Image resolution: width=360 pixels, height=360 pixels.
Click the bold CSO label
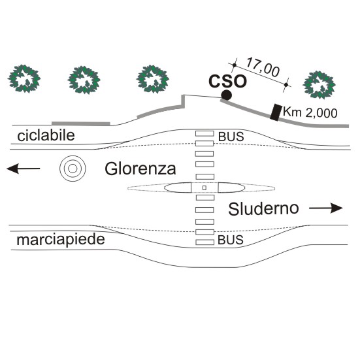pos(227,81)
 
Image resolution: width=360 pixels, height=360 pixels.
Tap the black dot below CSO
pos(226,95)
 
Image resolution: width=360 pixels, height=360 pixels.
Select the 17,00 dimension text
pos(263,67)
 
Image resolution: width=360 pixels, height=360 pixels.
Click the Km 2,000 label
pos(310,112)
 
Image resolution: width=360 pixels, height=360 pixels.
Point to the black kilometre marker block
pos(276,112)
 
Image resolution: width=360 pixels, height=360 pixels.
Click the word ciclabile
pos(46,135)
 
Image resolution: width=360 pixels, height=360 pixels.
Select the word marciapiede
pos(61,240)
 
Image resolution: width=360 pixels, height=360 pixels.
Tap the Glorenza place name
pos(140,169)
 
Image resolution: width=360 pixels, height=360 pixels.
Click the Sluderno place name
pos(263,208)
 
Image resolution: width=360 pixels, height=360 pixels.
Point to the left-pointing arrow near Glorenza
pos(23,169)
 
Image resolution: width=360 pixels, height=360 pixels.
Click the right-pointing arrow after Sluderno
pos(326,208)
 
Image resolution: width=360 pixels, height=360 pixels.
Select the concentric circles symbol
pos(73,169)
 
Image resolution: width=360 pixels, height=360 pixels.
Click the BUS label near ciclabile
pos(231,137)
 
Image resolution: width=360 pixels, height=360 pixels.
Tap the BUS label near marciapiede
pos(231,240)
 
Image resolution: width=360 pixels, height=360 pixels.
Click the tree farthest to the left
pos(24,79)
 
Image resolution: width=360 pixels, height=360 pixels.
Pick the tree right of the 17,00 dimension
pos(319,85)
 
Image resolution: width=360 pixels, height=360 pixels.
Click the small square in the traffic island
pos(205,188)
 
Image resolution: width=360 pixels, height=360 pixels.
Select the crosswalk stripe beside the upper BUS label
pos(205,133)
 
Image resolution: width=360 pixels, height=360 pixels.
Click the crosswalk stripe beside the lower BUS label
pos(205,242)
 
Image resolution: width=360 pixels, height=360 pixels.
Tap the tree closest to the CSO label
pos(153,79)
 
